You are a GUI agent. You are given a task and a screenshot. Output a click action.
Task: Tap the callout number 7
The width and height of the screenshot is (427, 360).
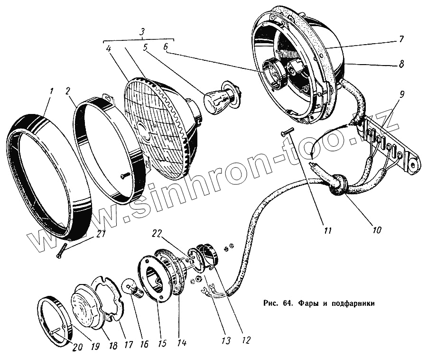tap(402, 39)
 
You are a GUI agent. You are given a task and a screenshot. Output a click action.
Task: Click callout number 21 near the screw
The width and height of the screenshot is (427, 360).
tap(99, 234)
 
